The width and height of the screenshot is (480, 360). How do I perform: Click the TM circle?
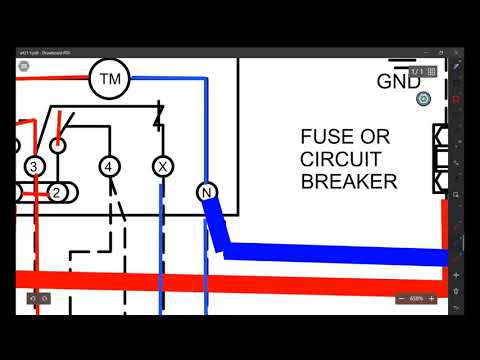coord(110,78)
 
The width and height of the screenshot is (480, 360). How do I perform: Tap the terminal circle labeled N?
coord(206,192)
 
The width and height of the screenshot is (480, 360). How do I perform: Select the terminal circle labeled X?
coord(162,166)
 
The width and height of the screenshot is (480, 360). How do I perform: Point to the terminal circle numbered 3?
coord(34,166)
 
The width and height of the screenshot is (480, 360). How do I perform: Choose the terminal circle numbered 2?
coord(57,191)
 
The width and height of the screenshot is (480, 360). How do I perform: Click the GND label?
coord(399,82)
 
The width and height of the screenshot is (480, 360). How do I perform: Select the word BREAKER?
coord(349,181)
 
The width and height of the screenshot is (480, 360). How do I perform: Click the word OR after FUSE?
coord(378,137)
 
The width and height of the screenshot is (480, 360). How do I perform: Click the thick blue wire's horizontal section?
coord(330,254)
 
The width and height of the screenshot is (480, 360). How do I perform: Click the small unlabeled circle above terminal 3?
coord(59,145)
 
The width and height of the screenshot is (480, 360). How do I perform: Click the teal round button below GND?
coord(423,98)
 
